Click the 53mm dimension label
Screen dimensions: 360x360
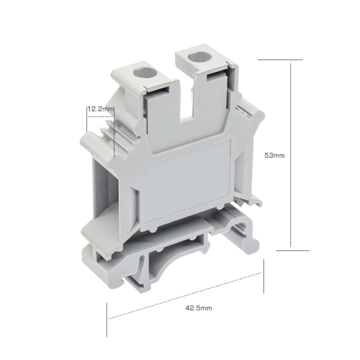[275, 155]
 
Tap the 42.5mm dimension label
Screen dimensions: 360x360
[199, 308]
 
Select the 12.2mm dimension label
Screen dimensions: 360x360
[100, 109]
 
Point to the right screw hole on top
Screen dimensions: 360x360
[197, 58]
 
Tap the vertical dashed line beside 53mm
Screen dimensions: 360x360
[290, 155]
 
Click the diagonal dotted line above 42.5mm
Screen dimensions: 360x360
[185, 296]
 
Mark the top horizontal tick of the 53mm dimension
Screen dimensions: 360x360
[280, 59]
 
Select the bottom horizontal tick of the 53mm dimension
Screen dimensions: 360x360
[293, 250]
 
